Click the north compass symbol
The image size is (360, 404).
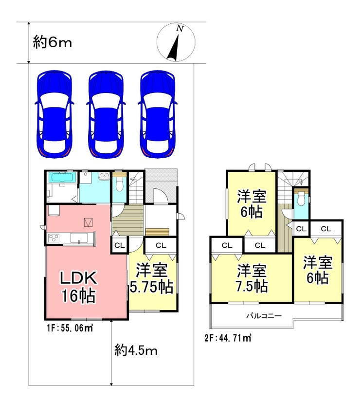[x=176, y=42]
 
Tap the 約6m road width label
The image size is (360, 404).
[x=52, y=42]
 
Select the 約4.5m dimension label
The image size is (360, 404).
[x=136, y=350]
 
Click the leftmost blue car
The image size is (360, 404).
[x=54, y=114]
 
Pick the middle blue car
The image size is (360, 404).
[x=106, y=114]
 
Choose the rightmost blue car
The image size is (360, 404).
[x=158, y=114]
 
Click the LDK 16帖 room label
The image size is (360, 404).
[x=78, y=287]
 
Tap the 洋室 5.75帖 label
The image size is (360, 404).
[x=151, y=278]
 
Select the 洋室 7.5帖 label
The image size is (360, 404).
[x=252, y=278]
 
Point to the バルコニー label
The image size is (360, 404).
[x=264, y=316]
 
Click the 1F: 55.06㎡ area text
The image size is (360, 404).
[x=70, y=328]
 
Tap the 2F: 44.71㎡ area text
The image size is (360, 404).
[x=228, y=338]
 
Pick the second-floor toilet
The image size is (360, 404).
[x=301, y=199]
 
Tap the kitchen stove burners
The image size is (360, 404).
[x=54, y=238]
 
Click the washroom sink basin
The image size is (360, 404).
[x=105, y=177]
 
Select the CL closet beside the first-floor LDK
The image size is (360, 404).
[x=120, y=245]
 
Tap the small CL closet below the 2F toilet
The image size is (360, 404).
[x=301, y=229]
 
